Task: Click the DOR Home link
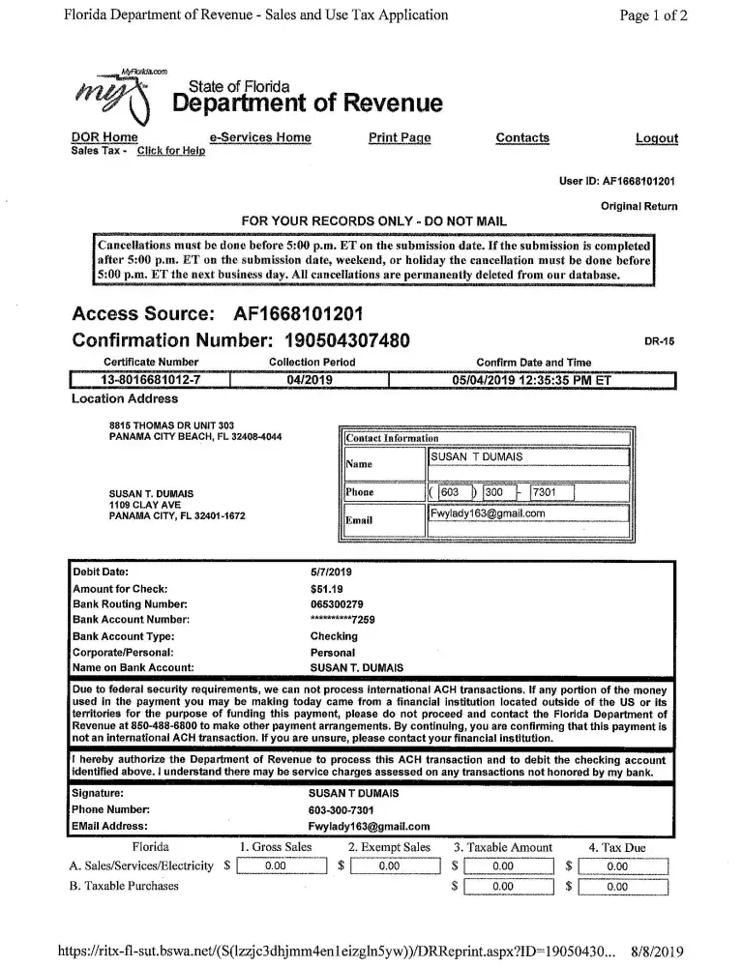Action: pos(104,138)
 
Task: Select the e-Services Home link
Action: pos(259,138)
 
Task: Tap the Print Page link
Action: pos(400,138)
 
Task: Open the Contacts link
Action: pos(522,138)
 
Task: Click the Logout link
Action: pos(656,138)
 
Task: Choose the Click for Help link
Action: pos(171,151)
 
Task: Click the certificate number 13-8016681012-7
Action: pos(150,379)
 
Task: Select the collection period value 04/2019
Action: pos(311,379)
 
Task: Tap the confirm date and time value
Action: pos(532,379)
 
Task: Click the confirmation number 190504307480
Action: pos(347,340)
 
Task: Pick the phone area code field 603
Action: pos(449,492)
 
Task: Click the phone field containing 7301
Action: pos(551,492)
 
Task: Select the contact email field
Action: pos(527,515)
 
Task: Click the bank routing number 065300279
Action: pos(333,603)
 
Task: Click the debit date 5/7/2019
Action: pos(330,572)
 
